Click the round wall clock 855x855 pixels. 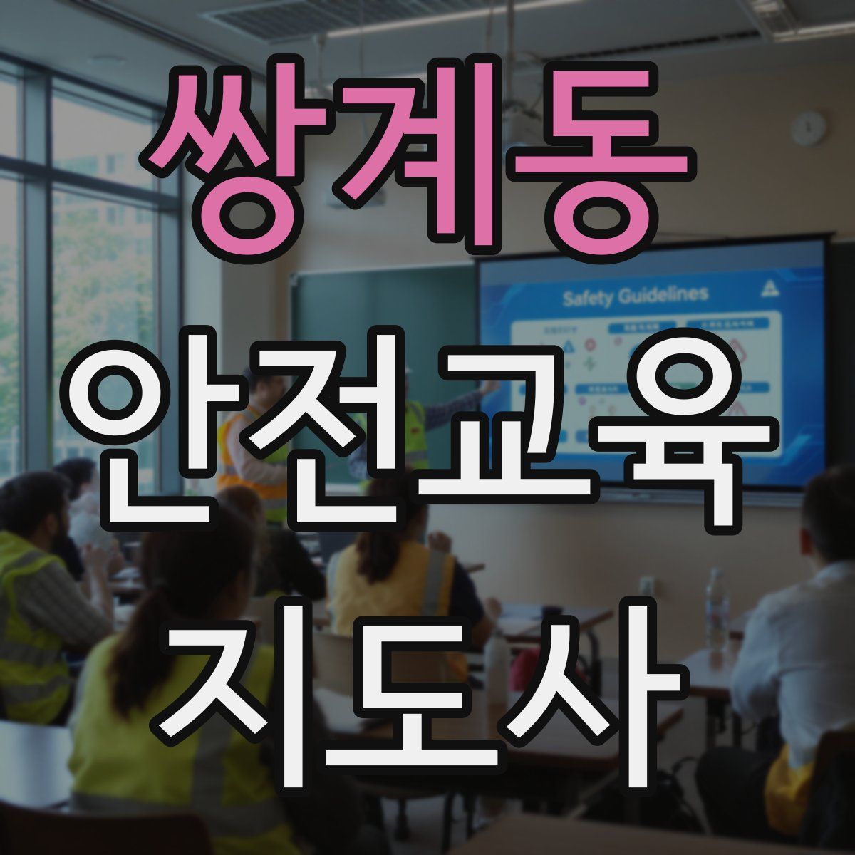809,129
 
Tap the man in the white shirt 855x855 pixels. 798,641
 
